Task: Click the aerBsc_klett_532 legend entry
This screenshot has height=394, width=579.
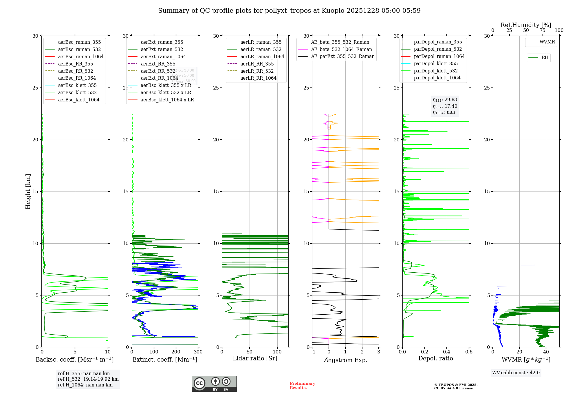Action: [x=77, y=93]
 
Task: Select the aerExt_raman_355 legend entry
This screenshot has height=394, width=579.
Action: [x=162, y=42]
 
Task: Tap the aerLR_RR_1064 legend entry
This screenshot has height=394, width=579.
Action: [x=258, y=78]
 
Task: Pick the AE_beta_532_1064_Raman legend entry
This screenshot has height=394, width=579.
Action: [x=341, y=50]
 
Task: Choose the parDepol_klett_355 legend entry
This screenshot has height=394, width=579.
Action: [x=436, y=64]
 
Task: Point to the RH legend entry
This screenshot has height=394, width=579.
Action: [x=545, y=58]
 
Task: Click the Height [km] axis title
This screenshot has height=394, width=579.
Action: [x=28, y=191]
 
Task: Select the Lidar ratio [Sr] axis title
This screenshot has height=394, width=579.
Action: [x=255, y=359]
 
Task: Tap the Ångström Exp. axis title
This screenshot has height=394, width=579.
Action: [x=346, y=360]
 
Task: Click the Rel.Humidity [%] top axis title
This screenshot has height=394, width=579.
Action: [x=526, y=25]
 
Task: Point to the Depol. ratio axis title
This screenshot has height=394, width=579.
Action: [x=436, y=359]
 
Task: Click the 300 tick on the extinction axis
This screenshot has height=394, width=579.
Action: [x=198, y=352]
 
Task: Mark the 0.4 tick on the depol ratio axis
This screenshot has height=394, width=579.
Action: [x=447, y=352]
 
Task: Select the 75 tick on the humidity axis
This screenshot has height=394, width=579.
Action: [x=543, y=30]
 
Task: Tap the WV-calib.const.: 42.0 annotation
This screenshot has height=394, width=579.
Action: [x=516, y=373]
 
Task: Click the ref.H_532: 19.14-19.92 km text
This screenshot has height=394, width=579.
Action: [x=88, y=379]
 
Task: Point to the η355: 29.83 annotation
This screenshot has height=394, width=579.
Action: [x=445, y=100]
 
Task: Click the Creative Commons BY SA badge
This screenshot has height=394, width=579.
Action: [x=214, y=384]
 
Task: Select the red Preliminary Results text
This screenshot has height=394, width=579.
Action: [x=302, y=386]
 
